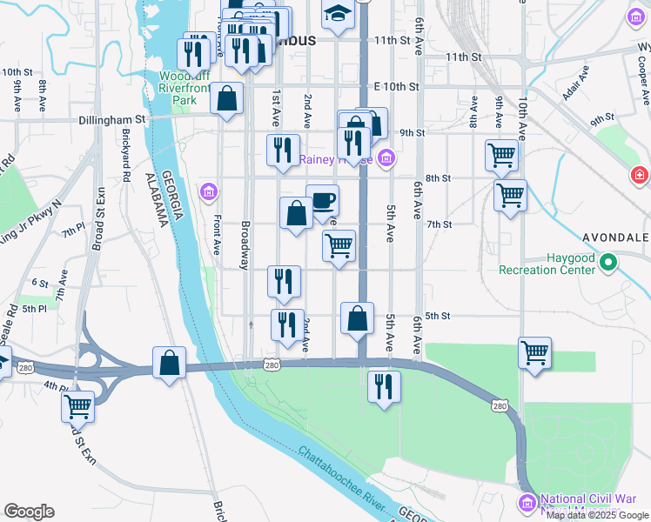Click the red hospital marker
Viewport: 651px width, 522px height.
pyautogui.click(x=641, y=176)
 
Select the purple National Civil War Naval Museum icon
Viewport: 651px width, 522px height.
pyautogui.click(x=527, y=503)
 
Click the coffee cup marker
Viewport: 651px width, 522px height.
pyautogui.click(x=322, y=201)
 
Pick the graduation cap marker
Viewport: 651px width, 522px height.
pyautogui.click(x=338, y=14)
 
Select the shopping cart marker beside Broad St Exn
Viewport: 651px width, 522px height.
pyautogui.click(x=78, y=405)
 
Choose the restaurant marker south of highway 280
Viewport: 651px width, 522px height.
pyautogui.click(x=384, y=386)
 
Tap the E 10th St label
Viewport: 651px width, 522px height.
pyautogui.click(x=396, y=87)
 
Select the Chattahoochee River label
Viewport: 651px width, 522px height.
pyautogui.click(x=342, y=479)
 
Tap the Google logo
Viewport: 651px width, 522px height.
pyautogui.click(x=29, y=512)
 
